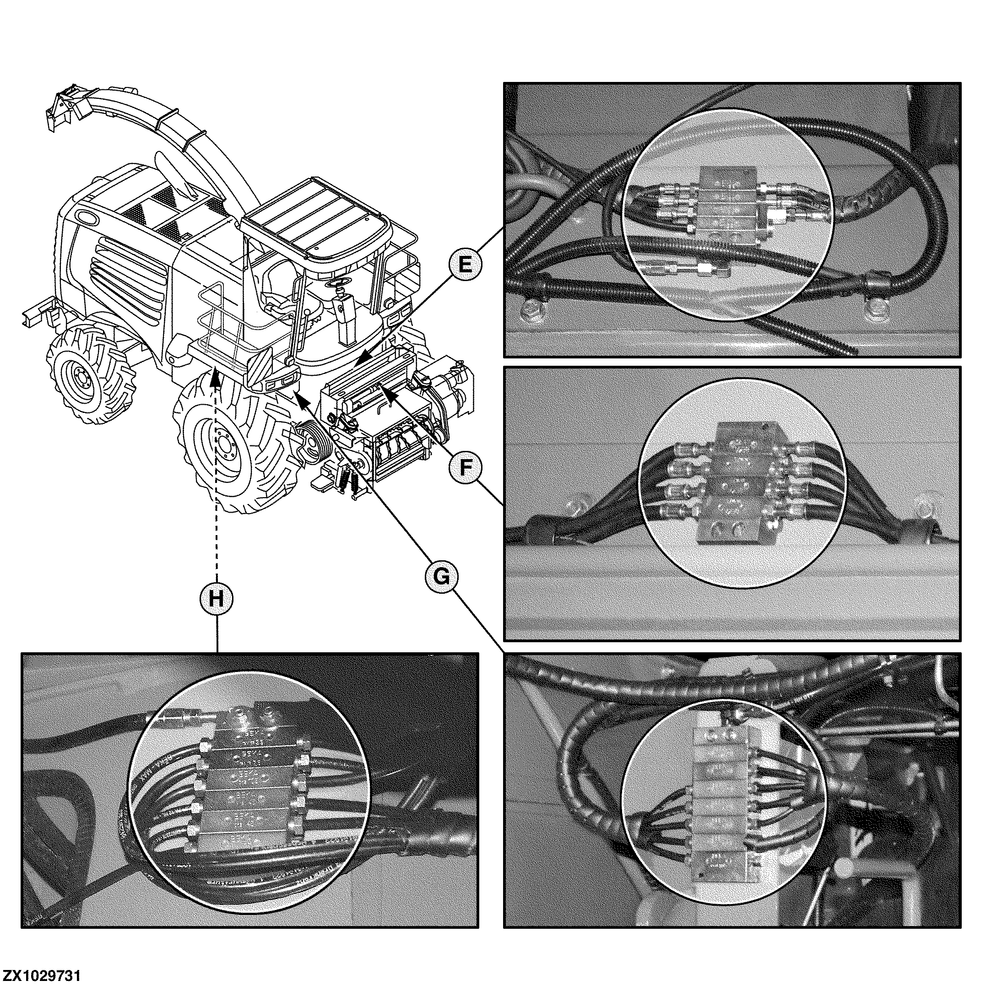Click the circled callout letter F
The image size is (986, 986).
pyautogui.click(x=464, y=467)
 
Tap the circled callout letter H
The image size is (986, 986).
pyautogui.click(x=217, y=599)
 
